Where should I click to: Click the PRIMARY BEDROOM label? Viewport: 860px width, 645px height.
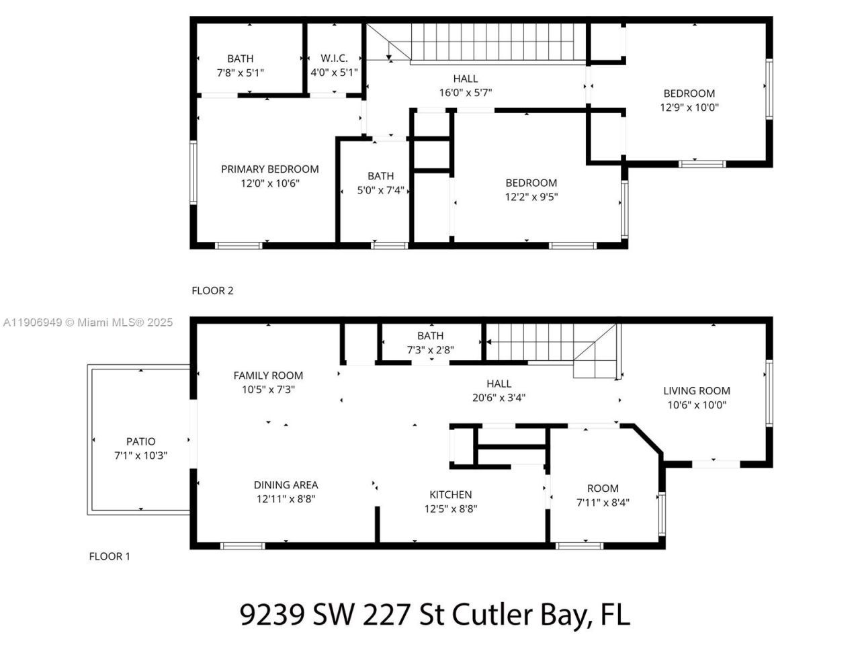pos(269,169)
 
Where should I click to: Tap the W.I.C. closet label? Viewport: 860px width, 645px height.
pos(334,58)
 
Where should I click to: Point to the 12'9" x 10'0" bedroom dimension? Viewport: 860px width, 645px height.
pos(689,107)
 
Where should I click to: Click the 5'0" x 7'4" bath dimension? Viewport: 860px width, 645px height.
pos(380,190)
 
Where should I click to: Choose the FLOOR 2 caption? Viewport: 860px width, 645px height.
pos(212,291)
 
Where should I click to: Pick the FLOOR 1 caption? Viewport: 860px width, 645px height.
pos(110,556)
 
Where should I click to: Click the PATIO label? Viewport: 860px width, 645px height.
pos(140,441)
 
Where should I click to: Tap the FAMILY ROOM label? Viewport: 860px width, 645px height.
pos(268,376)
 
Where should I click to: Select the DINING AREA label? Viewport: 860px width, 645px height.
pos(286,485)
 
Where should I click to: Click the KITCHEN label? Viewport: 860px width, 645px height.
pos(450,494)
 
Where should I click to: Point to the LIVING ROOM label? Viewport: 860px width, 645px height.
pos(696,391)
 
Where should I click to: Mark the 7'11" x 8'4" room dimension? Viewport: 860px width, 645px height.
pos(603,502)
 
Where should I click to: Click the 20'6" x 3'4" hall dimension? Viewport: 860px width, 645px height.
pos(499,397)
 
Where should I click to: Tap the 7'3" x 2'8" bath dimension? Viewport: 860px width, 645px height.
pos(430,349)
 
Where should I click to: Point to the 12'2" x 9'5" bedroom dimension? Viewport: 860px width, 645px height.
pos(531,197)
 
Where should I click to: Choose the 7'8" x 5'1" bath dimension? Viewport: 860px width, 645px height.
pos(240,72)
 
